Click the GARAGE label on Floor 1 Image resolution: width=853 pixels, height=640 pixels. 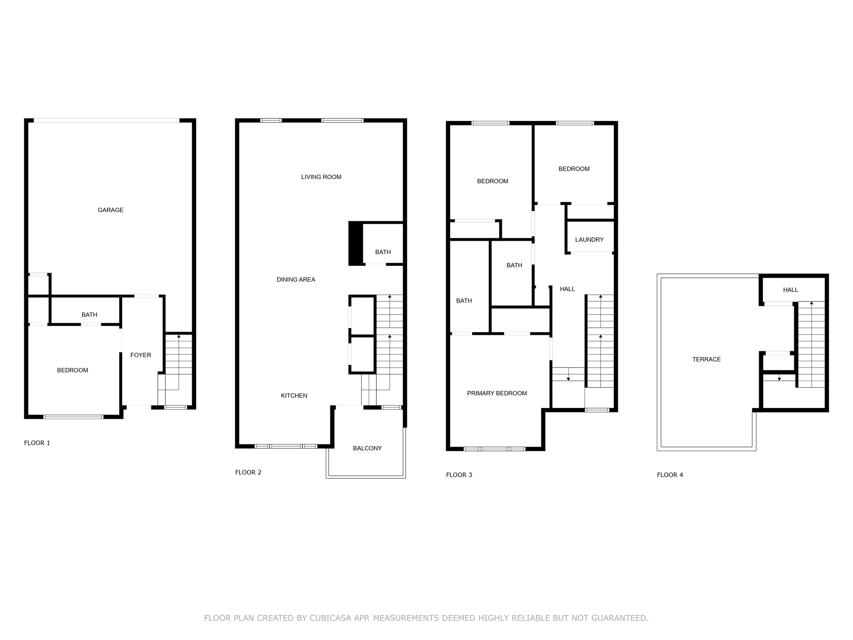pos(110,210)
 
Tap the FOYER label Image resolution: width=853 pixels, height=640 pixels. pos(141,355)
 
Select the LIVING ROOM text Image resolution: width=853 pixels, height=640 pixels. pos(321,177)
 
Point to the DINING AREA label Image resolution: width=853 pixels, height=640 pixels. pos(296,280)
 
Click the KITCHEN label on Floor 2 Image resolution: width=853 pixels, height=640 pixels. pos(294,395)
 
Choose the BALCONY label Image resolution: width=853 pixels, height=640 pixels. pos(367,448)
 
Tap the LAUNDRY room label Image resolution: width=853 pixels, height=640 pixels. pos(589,240)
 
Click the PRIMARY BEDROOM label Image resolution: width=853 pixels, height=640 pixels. pos(497,393)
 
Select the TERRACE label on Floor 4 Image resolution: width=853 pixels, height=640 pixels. pos(706,359)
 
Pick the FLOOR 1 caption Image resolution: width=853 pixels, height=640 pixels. pos(37,443)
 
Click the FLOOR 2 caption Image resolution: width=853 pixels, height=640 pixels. pos(248,472)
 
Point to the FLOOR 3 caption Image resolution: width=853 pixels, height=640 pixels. pos(459,475)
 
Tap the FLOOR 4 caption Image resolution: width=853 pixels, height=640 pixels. pos(670,475)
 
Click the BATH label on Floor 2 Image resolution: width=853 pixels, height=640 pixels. pos(383,252)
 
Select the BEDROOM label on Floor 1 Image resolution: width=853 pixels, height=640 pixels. pos(72,370)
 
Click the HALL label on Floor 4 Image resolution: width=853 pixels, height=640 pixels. pos(790,290)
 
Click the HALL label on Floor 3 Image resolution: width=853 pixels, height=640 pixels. pos(567,289)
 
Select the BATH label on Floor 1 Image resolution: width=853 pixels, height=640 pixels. pos(89,315)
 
